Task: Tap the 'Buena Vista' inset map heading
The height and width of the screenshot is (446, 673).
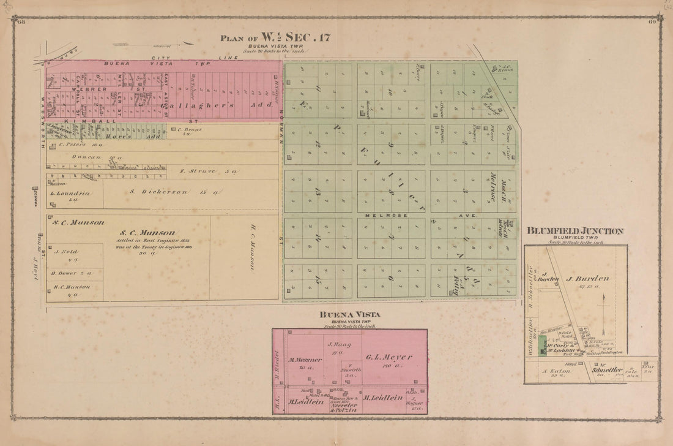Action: pos(349,314)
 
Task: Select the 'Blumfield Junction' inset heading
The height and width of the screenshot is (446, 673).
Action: pos(574,231)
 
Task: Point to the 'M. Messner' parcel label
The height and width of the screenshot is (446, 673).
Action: pos(301,360)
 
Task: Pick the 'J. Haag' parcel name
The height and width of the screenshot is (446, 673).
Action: pos(333,344)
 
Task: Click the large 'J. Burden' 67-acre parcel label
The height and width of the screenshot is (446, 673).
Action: pos(587,279)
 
